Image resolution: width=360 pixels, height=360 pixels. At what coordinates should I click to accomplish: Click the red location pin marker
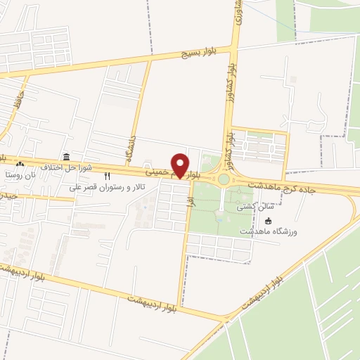pyautogui.click(x=180, y=165)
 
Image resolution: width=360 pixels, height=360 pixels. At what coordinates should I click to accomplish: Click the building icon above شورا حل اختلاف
pyautogui.click(x=66, y=157)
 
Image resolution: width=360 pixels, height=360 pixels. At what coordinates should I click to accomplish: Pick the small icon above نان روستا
pyautogui.click(x=20, y=163)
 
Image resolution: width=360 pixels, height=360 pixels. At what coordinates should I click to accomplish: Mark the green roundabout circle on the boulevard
pyautogui.click(x=224, y=179)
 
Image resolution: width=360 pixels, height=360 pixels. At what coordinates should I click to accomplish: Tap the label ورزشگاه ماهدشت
pyautogui.click(x=269, y=231)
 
